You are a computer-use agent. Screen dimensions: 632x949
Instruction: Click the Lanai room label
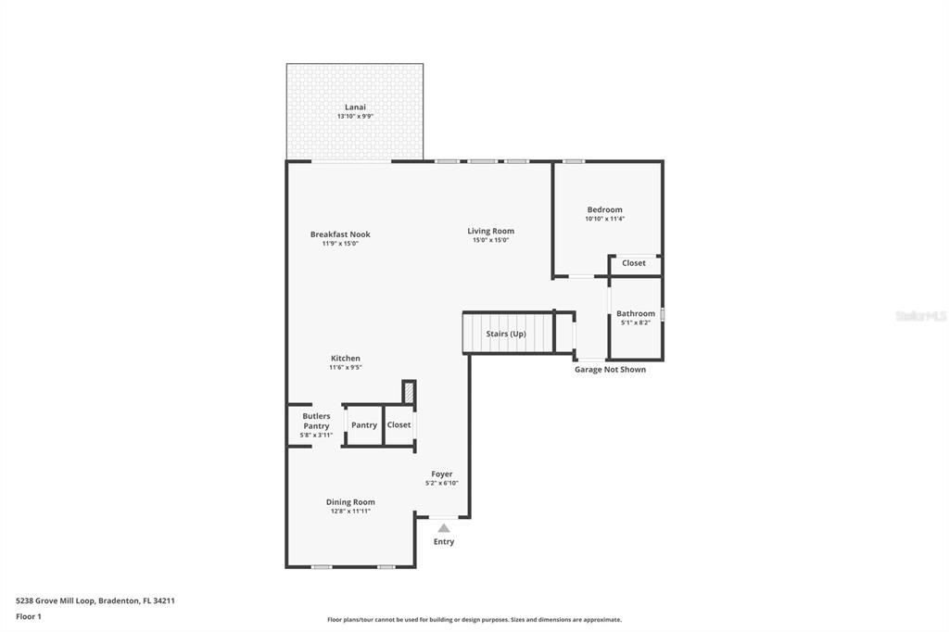(355, 107)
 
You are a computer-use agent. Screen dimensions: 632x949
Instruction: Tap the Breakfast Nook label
(340, 234)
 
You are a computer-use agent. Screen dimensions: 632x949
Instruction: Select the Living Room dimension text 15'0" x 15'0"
(490, 240)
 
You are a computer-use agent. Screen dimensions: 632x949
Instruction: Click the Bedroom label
(604, 209)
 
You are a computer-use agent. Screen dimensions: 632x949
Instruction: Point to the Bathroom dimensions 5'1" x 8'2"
(636, 322)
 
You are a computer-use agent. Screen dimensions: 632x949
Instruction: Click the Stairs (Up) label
(506, 334)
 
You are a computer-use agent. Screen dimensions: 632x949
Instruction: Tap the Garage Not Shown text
(610, 370)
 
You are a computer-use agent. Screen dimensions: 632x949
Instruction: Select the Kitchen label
(346, 359)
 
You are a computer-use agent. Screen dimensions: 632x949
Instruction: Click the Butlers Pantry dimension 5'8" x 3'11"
(316, 435)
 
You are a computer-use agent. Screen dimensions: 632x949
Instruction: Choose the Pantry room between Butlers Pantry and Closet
(364, 425)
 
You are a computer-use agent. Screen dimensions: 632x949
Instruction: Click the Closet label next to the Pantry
(399, 424)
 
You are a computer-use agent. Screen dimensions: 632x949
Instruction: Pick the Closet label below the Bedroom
(634, 263)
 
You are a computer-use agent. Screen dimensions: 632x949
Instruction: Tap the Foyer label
(442, 474)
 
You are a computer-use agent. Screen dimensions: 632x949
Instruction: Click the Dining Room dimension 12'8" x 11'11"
(350, 511)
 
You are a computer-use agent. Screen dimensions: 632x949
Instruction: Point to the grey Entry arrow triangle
(444, 528)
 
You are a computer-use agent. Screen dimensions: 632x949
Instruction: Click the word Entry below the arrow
(444, 541)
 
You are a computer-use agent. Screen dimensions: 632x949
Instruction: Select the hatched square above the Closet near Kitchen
(408, 391)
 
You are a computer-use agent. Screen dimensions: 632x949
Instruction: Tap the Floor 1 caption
(29, 616)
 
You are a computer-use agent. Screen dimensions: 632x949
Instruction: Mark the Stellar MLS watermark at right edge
(921, 316)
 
